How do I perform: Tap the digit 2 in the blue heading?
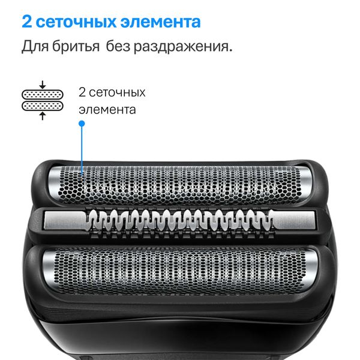(27, 22)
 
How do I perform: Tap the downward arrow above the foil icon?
(42, 85)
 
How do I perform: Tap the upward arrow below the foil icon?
(42, 115)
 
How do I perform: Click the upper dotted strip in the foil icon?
(42, 94)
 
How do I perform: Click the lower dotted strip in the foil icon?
(42, 105)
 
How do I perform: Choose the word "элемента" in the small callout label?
(107, 110)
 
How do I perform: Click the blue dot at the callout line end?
(82, 124)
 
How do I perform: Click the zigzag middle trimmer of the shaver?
(180, 221)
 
